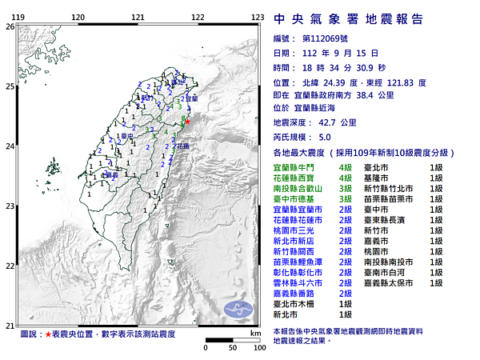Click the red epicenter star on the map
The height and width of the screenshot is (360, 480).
[x=188, y=121]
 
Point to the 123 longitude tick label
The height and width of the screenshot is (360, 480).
[x=258, y=17]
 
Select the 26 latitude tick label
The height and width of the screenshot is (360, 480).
[x=10, y=26]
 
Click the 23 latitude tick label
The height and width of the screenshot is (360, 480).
[x=10, y=206]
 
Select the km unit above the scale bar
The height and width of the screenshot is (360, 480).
[x=255, y=332]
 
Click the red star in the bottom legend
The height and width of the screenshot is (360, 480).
[x=49, y=333]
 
